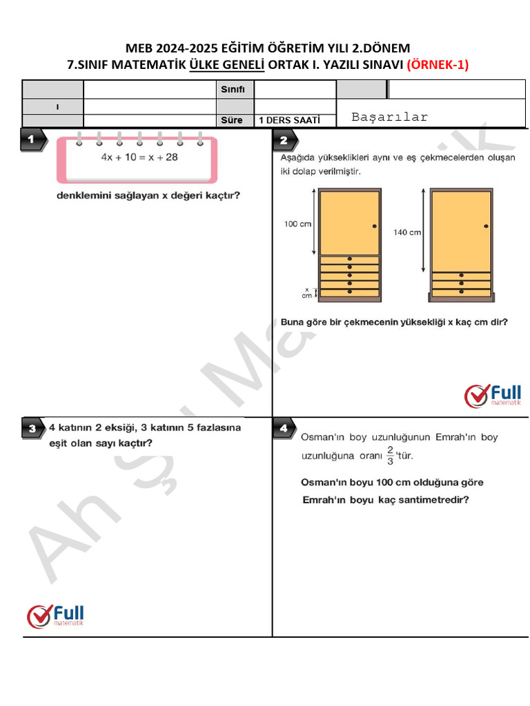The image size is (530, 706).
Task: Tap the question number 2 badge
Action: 284,141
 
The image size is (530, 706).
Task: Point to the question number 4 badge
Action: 284,429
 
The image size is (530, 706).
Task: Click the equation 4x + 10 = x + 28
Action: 139,157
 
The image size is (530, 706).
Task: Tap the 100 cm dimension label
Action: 297,223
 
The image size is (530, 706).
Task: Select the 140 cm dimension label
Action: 406,232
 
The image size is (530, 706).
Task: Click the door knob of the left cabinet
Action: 374,225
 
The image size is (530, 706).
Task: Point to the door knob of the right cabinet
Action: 486,225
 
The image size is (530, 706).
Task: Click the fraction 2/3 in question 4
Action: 391,455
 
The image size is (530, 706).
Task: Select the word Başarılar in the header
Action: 389,117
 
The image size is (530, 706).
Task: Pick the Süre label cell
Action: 231,121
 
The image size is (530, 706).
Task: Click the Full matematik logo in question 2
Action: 493,395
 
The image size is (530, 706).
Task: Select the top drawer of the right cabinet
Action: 461,276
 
